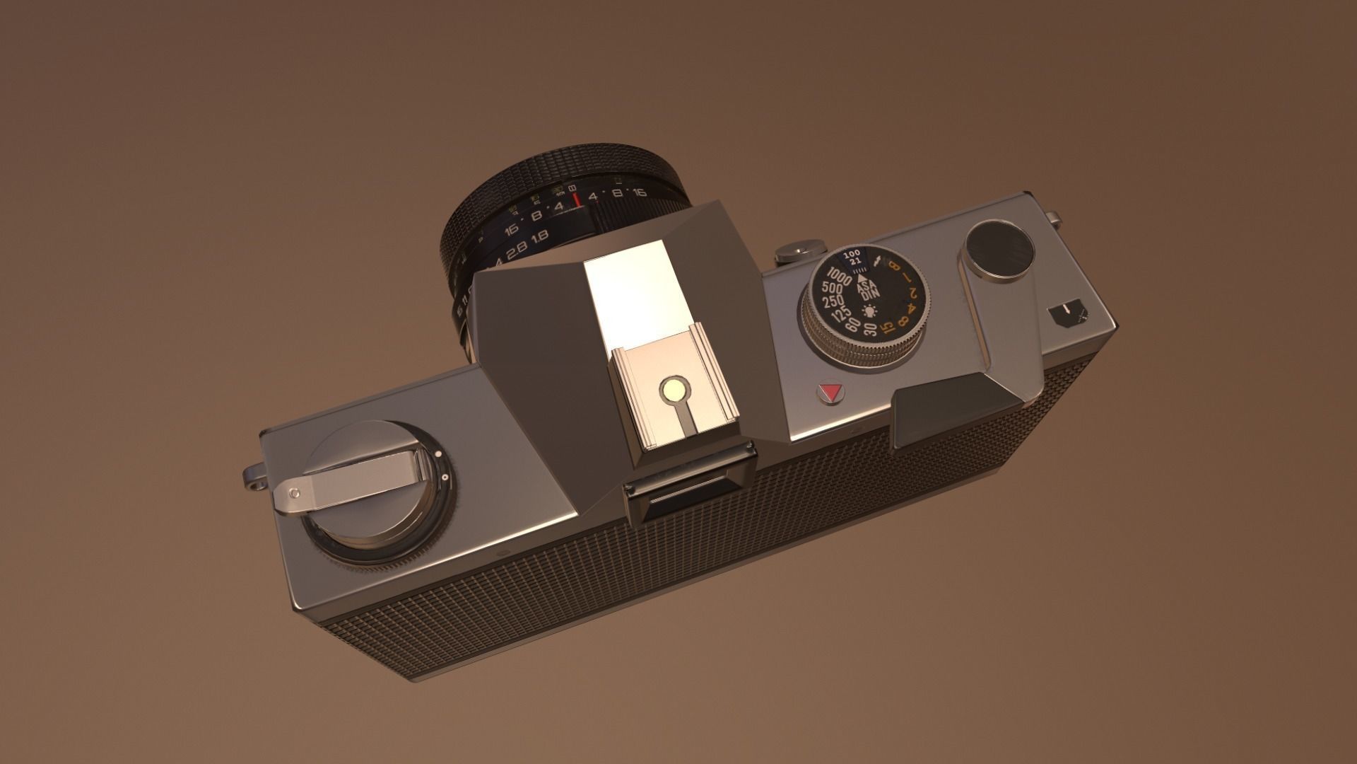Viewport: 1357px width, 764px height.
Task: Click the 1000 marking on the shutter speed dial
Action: click(x=840, y=277)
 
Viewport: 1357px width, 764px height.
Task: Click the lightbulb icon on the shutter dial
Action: click(x=869, y=311)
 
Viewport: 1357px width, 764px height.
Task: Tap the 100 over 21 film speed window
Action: click(x=853, y=257)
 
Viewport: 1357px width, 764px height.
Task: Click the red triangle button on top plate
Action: click(x=829, y=393)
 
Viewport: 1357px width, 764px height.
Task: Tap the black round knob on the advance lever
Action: click(x=999, y=248)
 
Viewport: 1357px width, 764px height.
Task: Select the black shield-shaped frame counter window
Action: click(x=1067, y=316)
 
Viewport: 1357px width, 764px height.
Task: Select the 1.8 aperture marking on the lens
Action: click(x=541, y=237)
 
